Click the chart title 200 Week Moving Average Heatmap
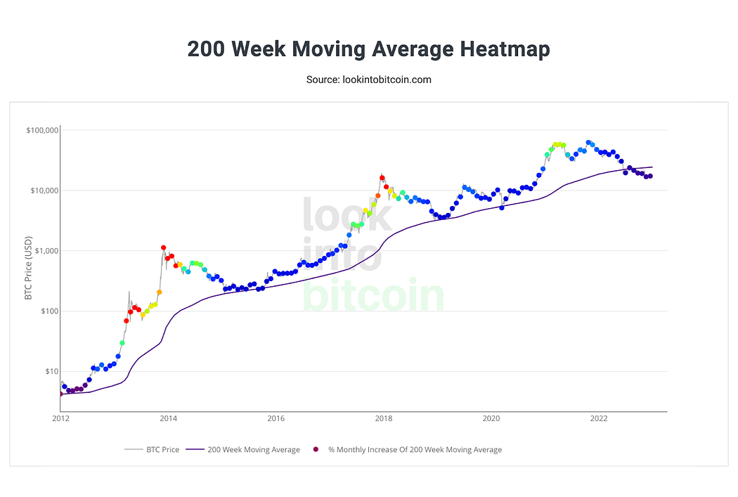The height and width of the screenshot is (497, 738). (x=368, y=49)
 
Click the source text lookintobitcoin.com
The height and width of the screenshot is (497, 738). (x=368, y=79)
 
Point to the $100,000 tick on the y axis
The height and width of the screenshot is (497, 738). (x=41, y=131)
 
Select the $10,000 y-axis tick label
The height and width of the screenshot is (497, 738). (x=43, y=191)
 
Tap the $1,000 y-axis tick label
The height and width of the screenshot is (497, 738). (x=45, y=251)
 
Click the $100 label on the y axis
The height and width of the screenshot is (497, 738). (x=47, y=311)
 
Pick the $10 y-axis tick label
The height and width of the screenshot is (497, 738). (x=49, y=371)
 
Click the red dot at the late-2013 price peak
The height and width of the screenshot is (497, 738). (x=163, y=247)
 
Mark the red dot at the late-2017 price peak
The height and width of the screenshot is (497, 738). (x=382, y=178)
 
